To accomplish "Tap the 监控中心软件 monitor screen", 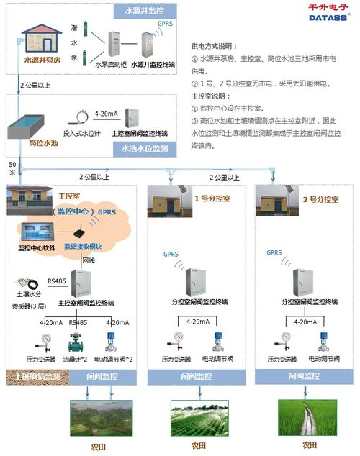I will pos(40,232).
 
